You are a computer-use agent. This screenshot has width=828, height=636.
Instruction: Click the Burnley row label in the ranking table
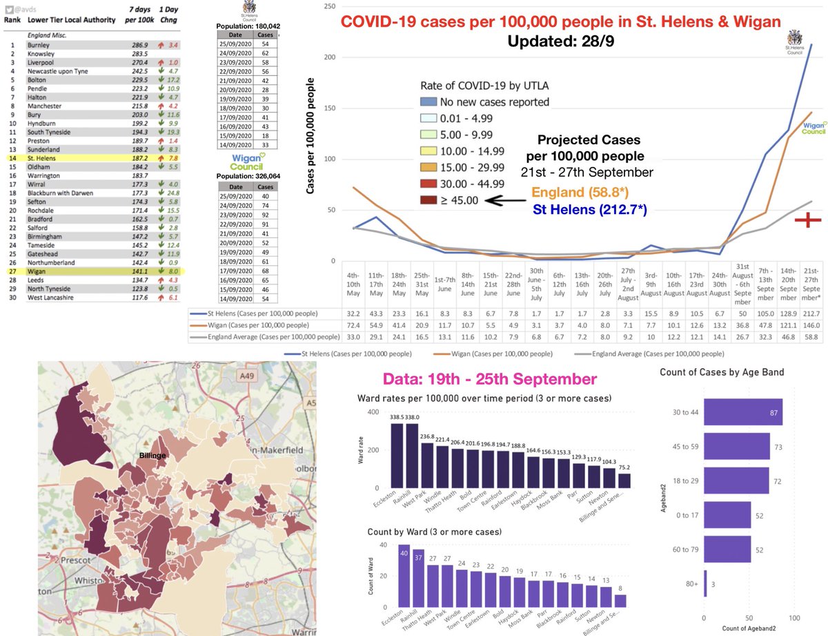click(x=39, y=43)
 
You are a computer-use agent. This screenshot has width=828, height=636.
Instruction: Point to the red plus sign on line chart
click(x=805, y=220)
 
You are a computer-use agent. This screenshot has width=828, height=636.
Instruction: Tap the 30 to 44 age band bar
click(x=742, y=416)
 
